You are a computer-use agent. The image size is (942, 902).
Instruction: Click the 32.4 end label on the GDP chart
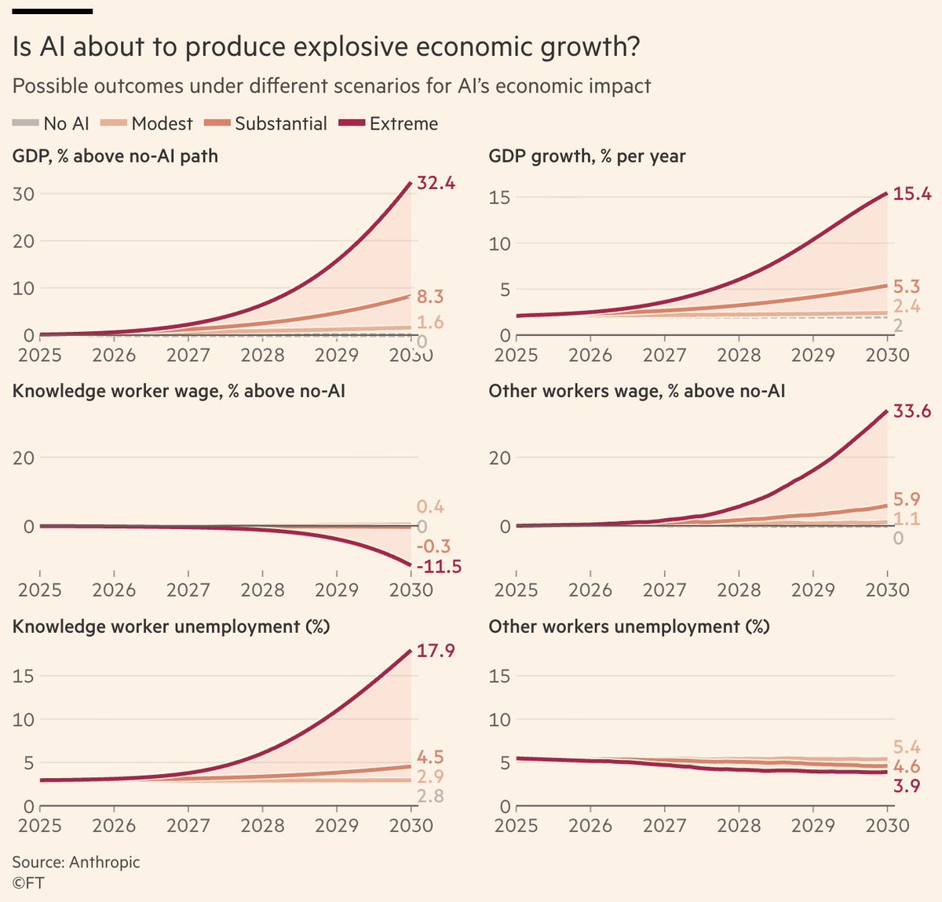pos(436,183)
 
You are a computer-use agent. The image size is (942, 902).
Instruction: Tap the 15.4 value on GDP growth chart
pos(912,194)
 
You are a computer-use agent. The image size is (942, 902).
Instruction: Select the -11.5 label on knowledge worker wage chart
pos(439,566)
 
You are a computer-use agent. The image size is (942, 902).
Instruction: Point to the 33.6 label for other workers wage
pos(912,411)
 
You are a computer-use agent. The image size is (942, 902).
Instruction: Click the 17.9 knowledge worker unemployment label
pos(436,651)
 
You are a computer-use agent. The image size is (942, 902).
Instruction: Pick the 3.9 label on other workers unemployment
pos(907,786)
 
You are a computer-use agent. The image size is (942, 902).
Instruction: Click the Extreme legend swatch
pos(352,123)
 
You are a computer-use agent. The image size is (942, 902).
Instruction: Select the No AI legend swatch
pos(25,123)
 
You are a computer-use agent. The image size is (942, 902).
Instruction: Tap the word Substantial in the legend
pos(281,124)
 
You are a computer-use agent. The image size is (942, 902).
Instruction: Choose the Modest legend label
pos(162,124)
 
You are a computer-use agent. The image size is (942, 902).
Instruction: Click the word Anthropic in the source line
pos(104,862)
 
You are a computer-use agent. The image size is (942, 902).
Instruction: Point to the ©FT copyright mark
pos(28,883)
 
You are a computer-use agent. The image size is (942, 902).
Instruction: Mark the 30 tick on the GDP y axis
pos(24,194)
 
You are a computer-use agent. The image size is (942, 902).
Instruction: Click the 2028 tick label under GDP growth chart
pos(739,356)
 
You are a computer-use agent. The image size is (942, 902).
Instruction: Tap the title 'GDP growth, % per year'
pos(587,156)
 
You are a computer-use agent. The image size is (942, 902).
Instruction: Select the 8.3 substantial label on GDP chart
pos(430,296)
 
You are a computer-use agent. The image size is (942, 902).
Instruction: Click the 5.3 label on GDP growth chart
pos(907,287)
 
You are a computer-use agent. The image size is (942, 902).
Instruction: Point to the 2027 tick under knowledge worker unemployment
pos(188,826)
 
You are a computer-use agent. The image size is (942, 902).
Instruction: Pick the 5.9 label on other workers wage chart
pos(907,499)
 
